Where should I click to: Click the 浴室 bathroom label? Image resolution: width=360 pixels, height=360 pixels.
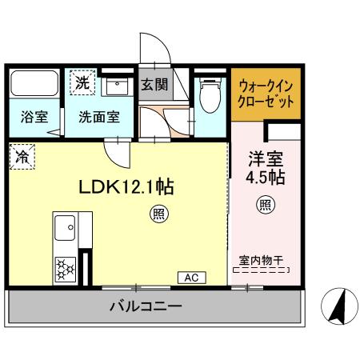34,117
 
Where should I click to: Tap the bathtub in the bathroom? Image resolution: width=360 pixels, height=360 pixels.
34,83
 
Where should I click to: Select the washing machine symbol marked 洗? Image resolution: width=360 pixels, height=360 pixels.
82,82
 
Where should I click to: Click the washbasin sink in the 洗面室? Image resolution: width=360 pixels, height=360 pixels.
117,86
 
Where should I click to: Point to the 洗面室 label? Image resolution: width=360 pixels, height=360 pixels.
99,117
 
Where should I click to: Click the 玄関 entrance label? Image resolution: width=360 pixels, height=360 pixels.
154,85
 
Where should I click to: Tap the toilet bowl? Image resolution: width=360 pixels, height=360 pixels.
210,95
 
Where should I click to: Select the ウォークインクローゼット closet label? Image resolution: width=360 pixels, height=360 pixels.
266,94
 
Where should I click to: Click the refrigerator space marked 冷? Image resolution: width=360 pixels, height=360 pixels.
22,157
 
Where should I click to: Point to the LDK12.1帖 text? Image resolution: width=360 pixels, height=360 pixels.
126,186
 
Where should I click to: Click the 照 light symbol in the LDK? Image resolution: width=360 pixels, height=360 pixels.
159,214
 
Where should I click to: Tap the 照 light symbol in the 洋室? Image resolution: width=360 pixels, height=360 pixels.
266,205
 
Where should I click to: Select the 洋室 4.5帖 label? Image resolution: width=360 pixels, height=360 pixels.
266,168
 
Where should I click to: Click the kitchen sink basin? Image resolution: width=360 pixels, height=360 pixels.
65,228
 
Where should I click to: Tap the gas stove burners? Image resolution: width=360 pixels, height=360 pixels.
65,269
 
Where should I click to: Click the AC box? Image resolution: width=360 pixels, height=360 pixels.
192,278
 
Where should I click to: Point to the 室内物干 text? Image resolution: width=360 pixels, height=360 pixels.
261,261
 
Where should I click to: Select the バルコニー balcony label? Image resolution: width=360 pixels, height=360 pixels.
146,306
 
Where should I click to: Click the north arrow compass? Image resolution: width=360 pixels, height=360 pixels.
339,306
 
